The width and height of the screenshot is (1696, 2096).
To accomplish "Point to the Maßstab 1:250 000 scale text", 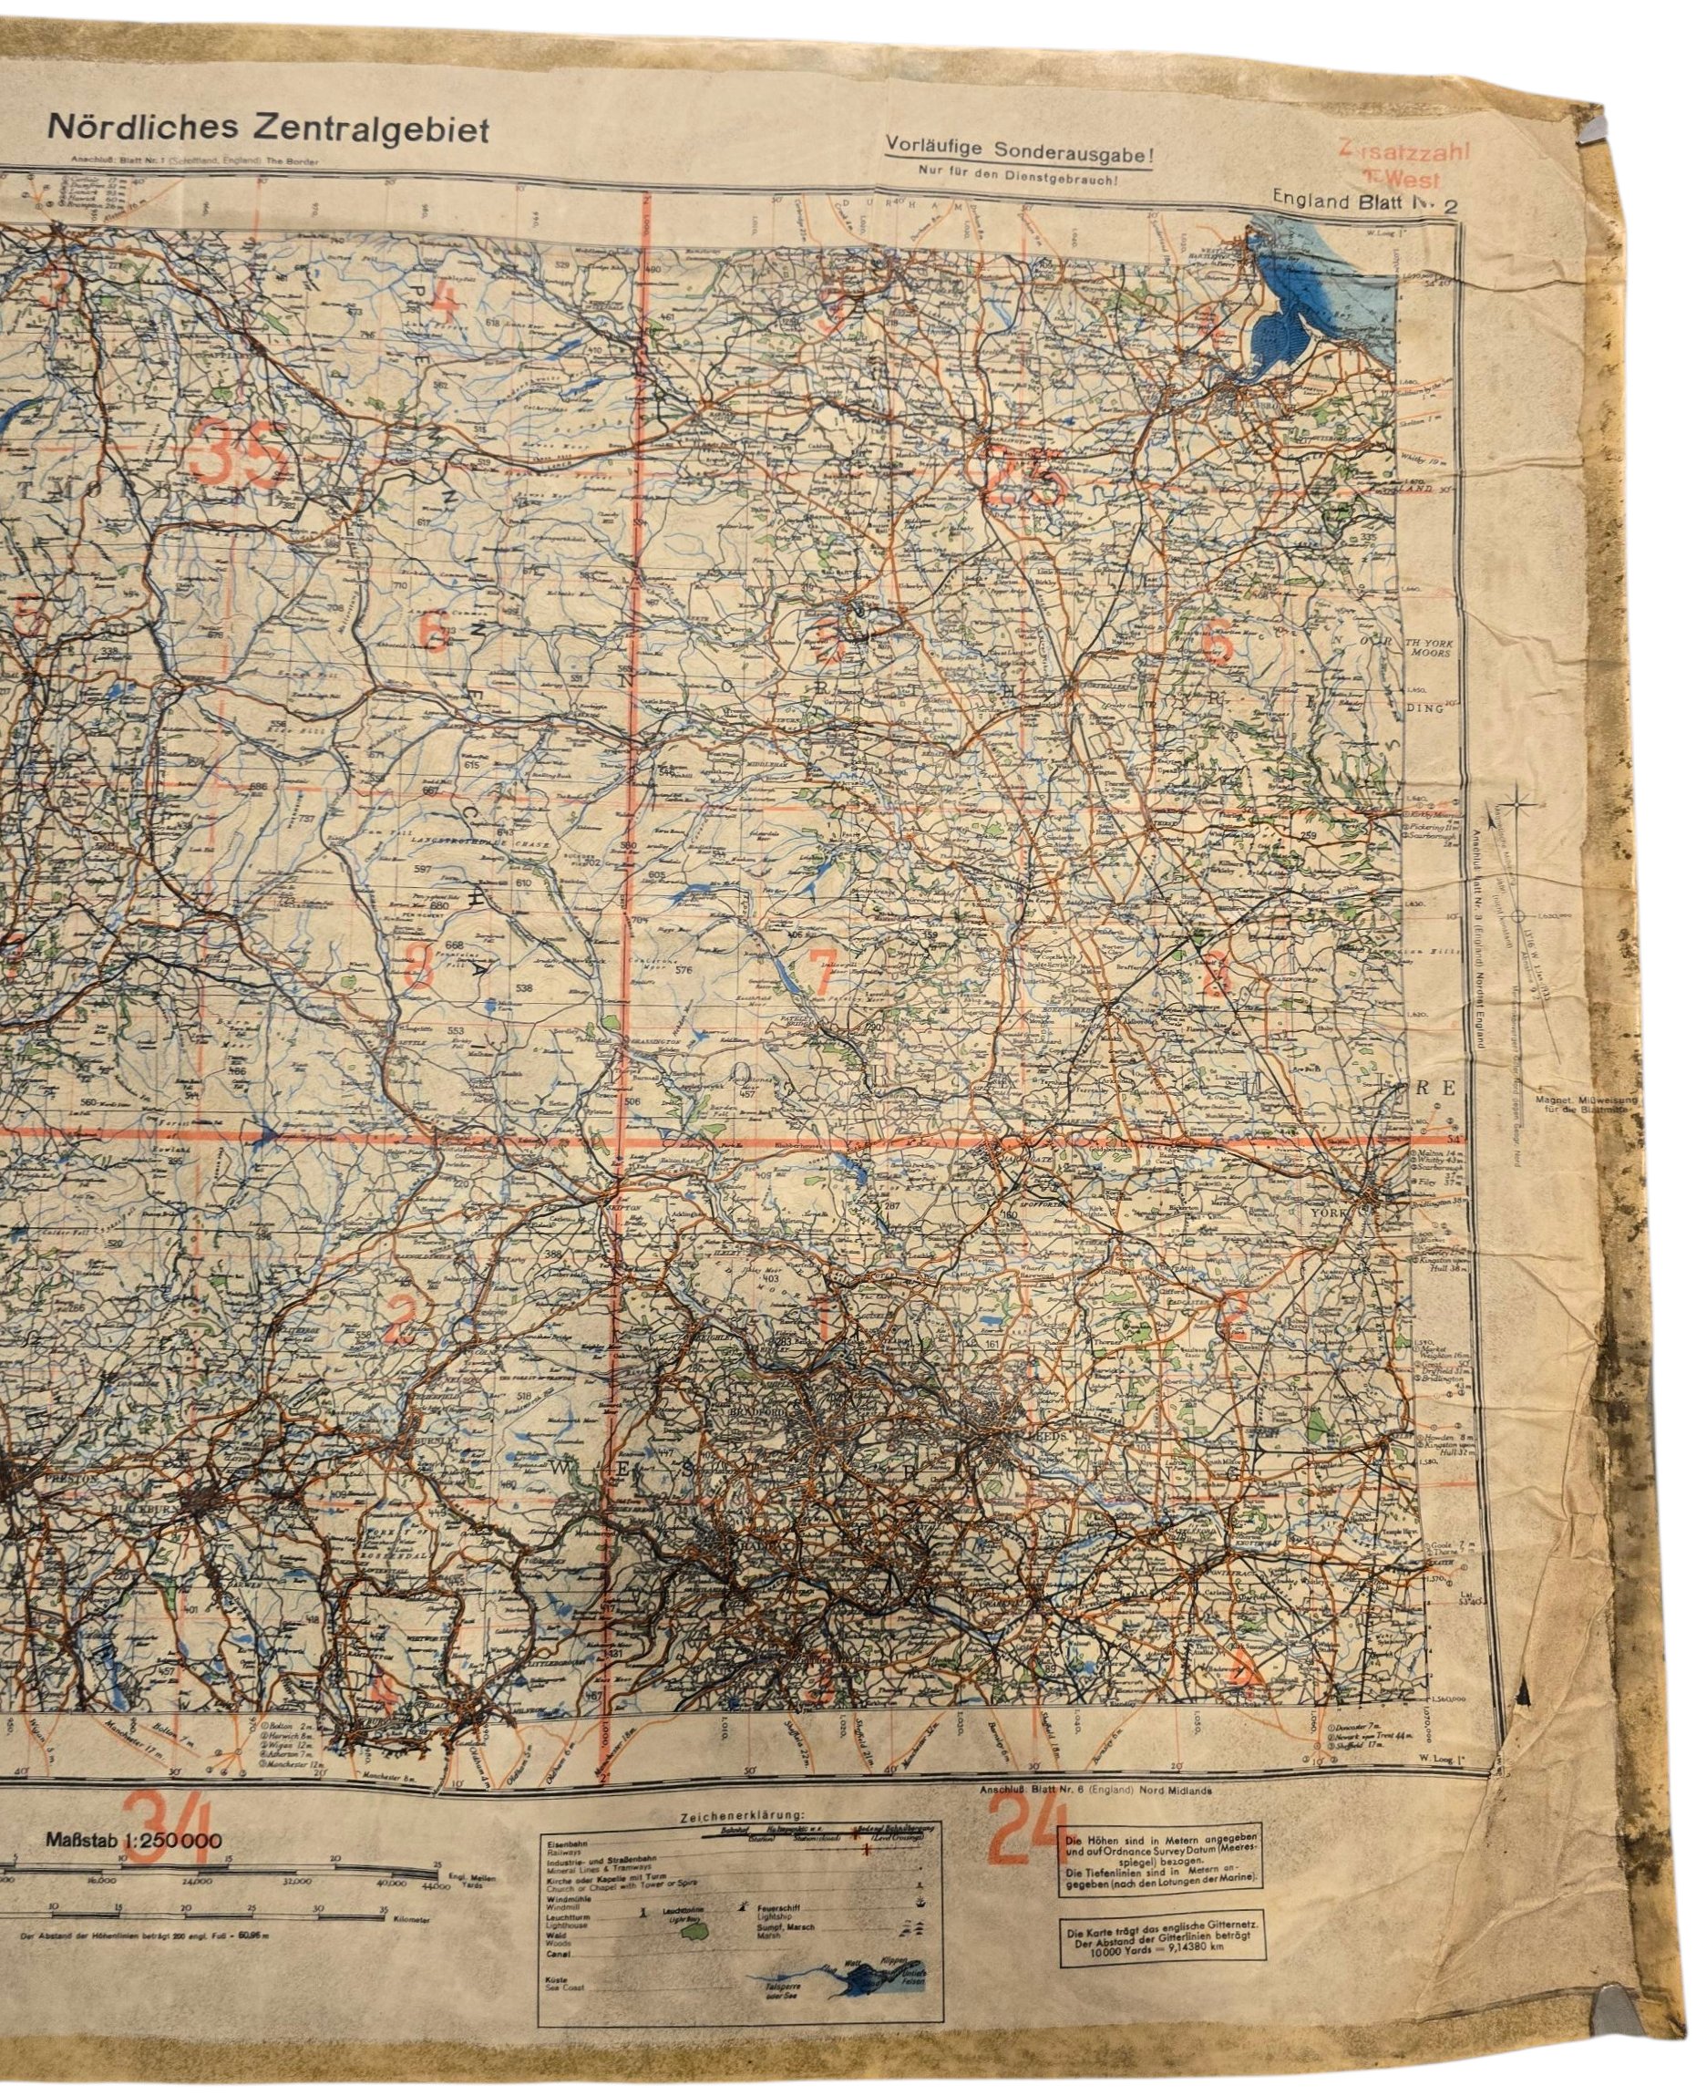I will coord(133,1841).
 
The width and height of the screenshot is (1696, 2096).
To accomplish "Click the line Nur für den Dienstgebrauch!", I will coord(1017,174).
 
